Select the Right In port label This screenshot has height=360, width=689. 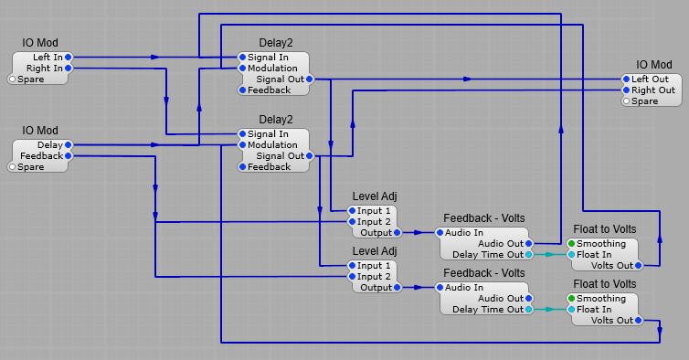click(x=45, y=69)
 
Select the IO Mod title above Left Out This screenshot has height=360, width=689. click(x=653, y=65)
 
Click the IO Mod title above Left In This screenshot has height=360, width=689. click(x=40, y=43)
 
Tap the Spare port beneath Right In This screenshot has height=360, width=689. click(x=13, y=79)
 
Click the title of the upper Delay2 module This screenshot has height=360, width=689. click(x=276, y=43)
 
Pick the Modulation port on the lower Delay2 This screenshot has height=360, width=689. click(x=242, y=145)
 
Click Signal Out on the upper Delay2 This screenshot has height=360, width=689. click(x=310, y=79)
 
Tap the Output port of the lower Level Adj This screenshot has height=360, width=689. click(x=396, y=288)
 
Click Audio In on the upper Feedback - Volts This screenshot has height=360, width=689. click(x=440, y=233)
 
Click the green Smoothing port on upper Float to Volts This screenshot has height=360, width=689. click(x=571, y=244)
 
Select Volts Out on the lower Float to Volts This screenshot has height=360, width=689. click(x=639, y=321)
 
